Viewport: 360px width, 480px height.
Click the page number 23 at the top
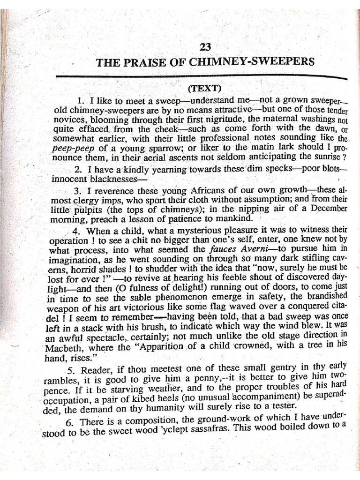(205, 47)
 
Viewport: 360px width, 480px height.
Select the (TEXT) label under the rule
(204, 89)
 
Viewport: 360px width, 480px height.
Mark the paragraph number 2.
(78, 170)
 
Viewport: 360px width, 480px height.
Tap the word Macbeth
(64, 347)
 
